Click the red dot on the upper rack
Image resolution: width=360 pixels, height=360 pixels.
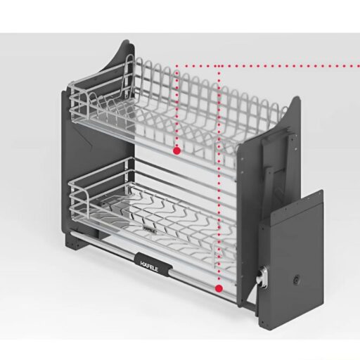click(x=176, y=150)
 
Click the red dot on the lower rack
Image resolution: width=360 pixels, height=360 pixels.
click(x=219, y=288)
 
